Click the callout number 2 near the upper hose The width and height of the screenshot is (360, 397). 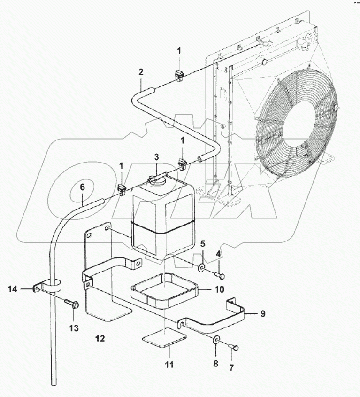point(141,72)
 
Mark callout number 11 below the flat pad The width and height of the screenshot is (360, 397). point(169,364)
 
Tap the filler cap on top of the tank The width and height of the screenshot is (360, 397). point(154,179)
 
